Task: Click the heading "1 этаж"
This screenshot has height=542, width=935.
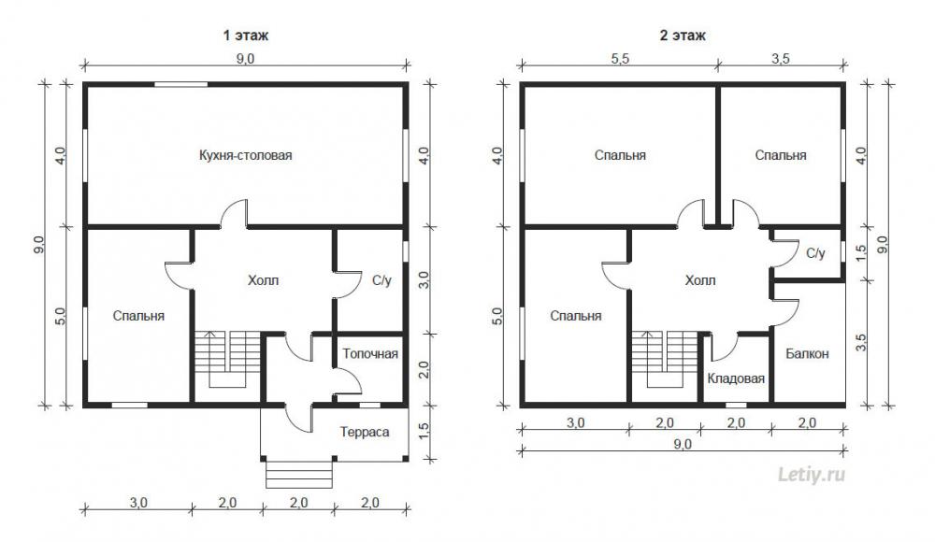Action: point(246,36)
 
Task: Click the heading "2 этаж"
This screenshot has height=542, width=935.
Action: point(683,36)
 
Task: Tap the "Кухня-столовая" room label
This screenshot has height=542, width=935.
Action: point(246,156)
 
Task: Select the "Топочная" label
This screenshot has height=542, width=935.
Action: point(370,354)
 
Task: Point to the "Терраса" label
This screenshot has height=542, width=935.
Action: point(365,432)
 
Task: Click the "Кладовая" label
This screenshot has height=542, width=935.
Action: point(736,378)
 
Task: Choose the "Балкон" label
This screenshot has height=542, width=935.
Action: point(807,354)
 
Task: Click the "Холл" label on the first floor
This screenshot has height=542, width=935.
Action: point(263,280)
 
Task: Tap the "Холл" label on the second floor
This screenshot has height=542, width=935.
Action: point(700,280)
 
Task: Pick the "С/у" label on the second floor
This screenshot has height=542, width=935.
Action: point(815,253)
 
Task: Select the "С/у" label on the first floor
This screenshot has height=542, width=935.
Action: point(381,280)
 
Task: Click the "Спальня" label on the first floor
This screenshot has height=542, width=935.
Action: point(138,316)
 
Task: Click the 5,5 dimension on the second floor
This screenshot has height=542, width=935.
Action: point(620,59)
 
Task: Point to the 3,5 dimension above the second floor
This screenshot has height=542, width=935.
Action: point(781,59)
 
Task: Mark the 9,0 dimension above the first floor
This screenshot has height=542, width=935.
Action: point(245,59)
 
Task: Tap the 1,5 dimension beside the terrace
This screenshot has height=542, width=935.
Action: point(423,432)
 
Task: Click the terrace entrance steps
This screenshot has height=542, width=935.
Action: point(299,475)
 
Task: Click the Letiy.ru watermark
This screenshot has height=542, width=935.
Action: point(812,476)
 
